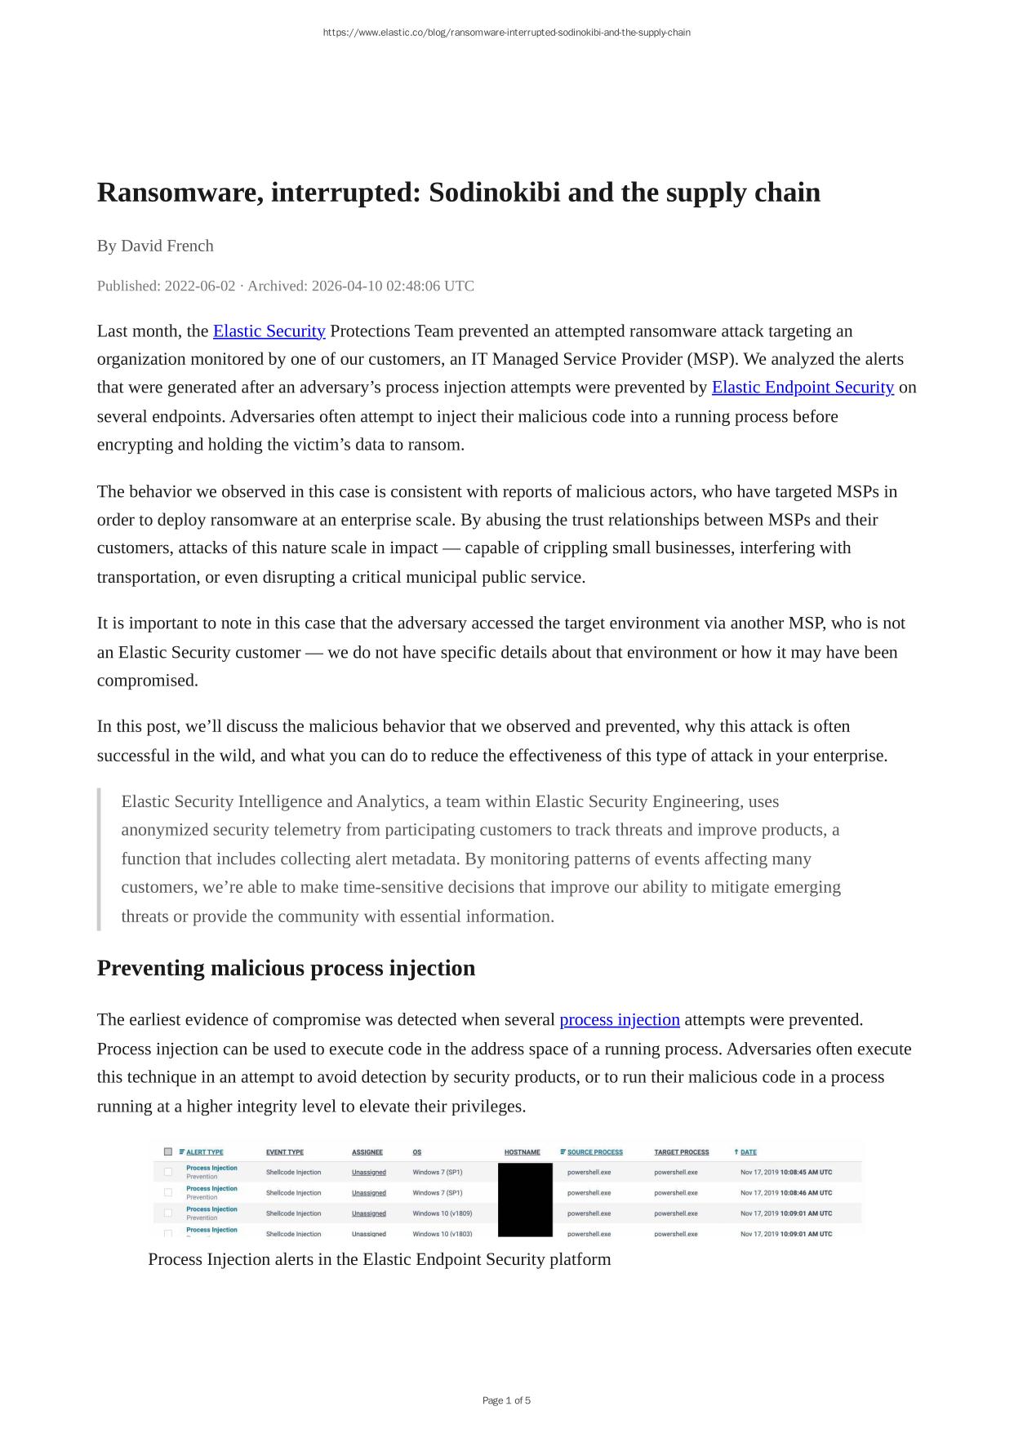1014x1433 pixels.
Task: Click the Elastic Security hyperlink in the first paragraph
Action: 269,331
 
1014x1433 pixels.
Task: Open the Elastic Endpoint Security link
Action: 803,387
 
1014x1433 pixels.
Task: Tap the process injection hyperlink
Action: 620,1019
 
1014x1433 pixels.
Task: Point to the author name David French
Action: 167,246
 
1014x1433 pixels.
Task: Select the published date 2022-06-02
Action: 199,286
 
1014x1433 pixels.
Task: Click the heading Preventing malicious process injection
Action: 286,968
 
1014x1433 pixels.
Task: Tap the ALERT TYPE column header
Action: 204,1152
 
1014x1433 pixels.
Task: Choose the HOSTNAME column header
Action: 522,1152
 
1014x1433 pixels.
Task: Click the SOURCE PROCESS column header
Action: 594,1152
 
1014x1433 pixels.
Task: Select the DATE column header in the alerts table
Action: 748,1152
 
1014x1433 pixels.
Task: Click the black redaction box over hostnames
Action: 525,1200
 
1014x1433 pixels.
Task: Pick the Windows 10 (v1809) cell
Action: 442,1213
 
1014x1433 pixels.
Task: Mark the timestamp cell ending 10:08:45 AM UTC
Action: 786,1172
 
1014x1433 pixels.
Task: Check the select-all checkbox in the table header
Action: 168,1152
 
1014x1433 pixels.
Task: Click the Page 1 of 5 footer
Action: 506,1400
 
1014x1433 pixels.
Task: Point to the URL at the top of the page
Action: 506,33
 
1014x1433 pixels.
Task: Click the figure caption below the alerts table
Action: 379,1259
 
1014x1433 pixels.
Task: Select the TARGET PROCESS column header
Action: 681,1152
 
